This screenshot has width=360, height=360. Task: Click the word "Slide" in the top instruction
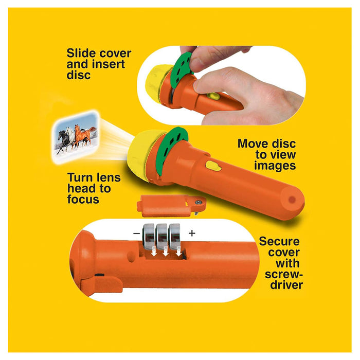tap(82, 53)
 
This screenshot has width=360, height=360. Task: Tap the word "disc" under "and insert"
tap(79, 75)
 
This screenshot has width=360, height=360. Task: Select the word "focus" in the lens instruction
tap(83, 199)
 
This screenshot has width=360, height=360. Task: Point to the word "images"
tap(275, 166)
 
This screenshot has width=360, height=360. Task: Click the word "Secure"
tap(279, 242)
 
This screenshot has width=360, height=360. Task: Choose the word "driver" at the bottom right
tap(286, 285)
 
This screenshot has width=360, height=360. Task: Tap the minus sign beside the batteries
tap(136, 233)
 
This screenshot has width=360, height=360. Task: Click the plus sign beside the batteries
tap(192, 233)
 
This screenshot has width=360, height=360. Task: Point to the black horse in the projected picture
tap(63, 140)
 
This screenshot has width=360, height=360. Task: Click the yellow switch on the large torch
tap(213, 166)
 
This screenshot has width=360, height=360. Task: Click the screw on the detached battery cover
tap(199, 202)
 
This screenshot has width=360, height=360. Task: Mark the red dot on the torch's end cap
tap(292, 200)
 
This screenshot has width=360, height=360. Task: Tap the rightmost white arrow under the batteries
tap(178, 252)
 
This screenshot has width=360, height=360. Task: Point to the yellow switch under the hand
tap(213, 96)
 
